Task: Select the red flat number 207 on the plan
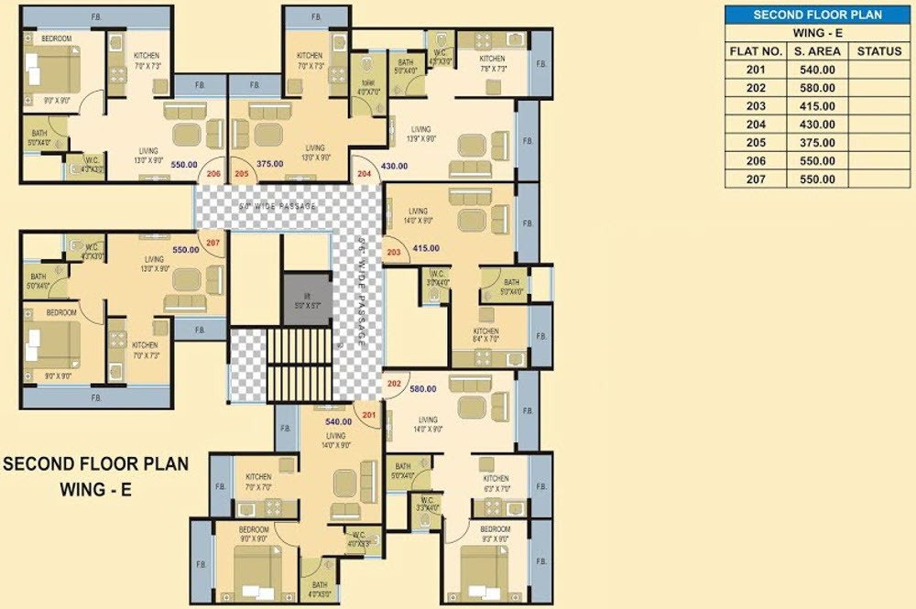pyautogui.click(x=213, y=243)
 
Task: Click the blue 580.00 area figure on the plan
pyautogui.click(x=423, y=388)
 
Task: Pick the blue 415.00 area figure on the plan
pyautogui.click(x=426, y=248)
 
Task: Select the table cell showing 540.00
pyautogui.click(x=815, y=70)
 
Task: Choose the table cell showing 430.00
pyautogui.click(x=815, y=125)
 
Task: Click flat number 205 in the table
pyautogui.click(x=755, y=143)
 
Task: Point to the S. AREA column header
pyautogui.click(x=815, y=51)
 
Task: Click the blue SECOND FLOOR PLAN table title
pyautogui.click(x=817, y=15)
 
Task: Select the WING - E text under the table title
pyautogui.click(x=817, y=33)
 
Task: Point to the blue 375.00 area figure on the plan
pyautogui.click(x=271, y=164)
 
